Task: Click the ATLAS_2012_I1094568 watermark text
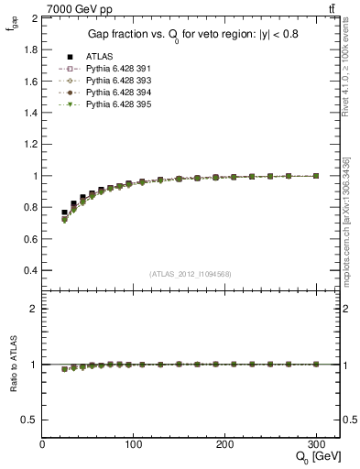tap(190, 274)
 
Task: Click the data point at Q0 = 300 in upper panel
tap(316, 176)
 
